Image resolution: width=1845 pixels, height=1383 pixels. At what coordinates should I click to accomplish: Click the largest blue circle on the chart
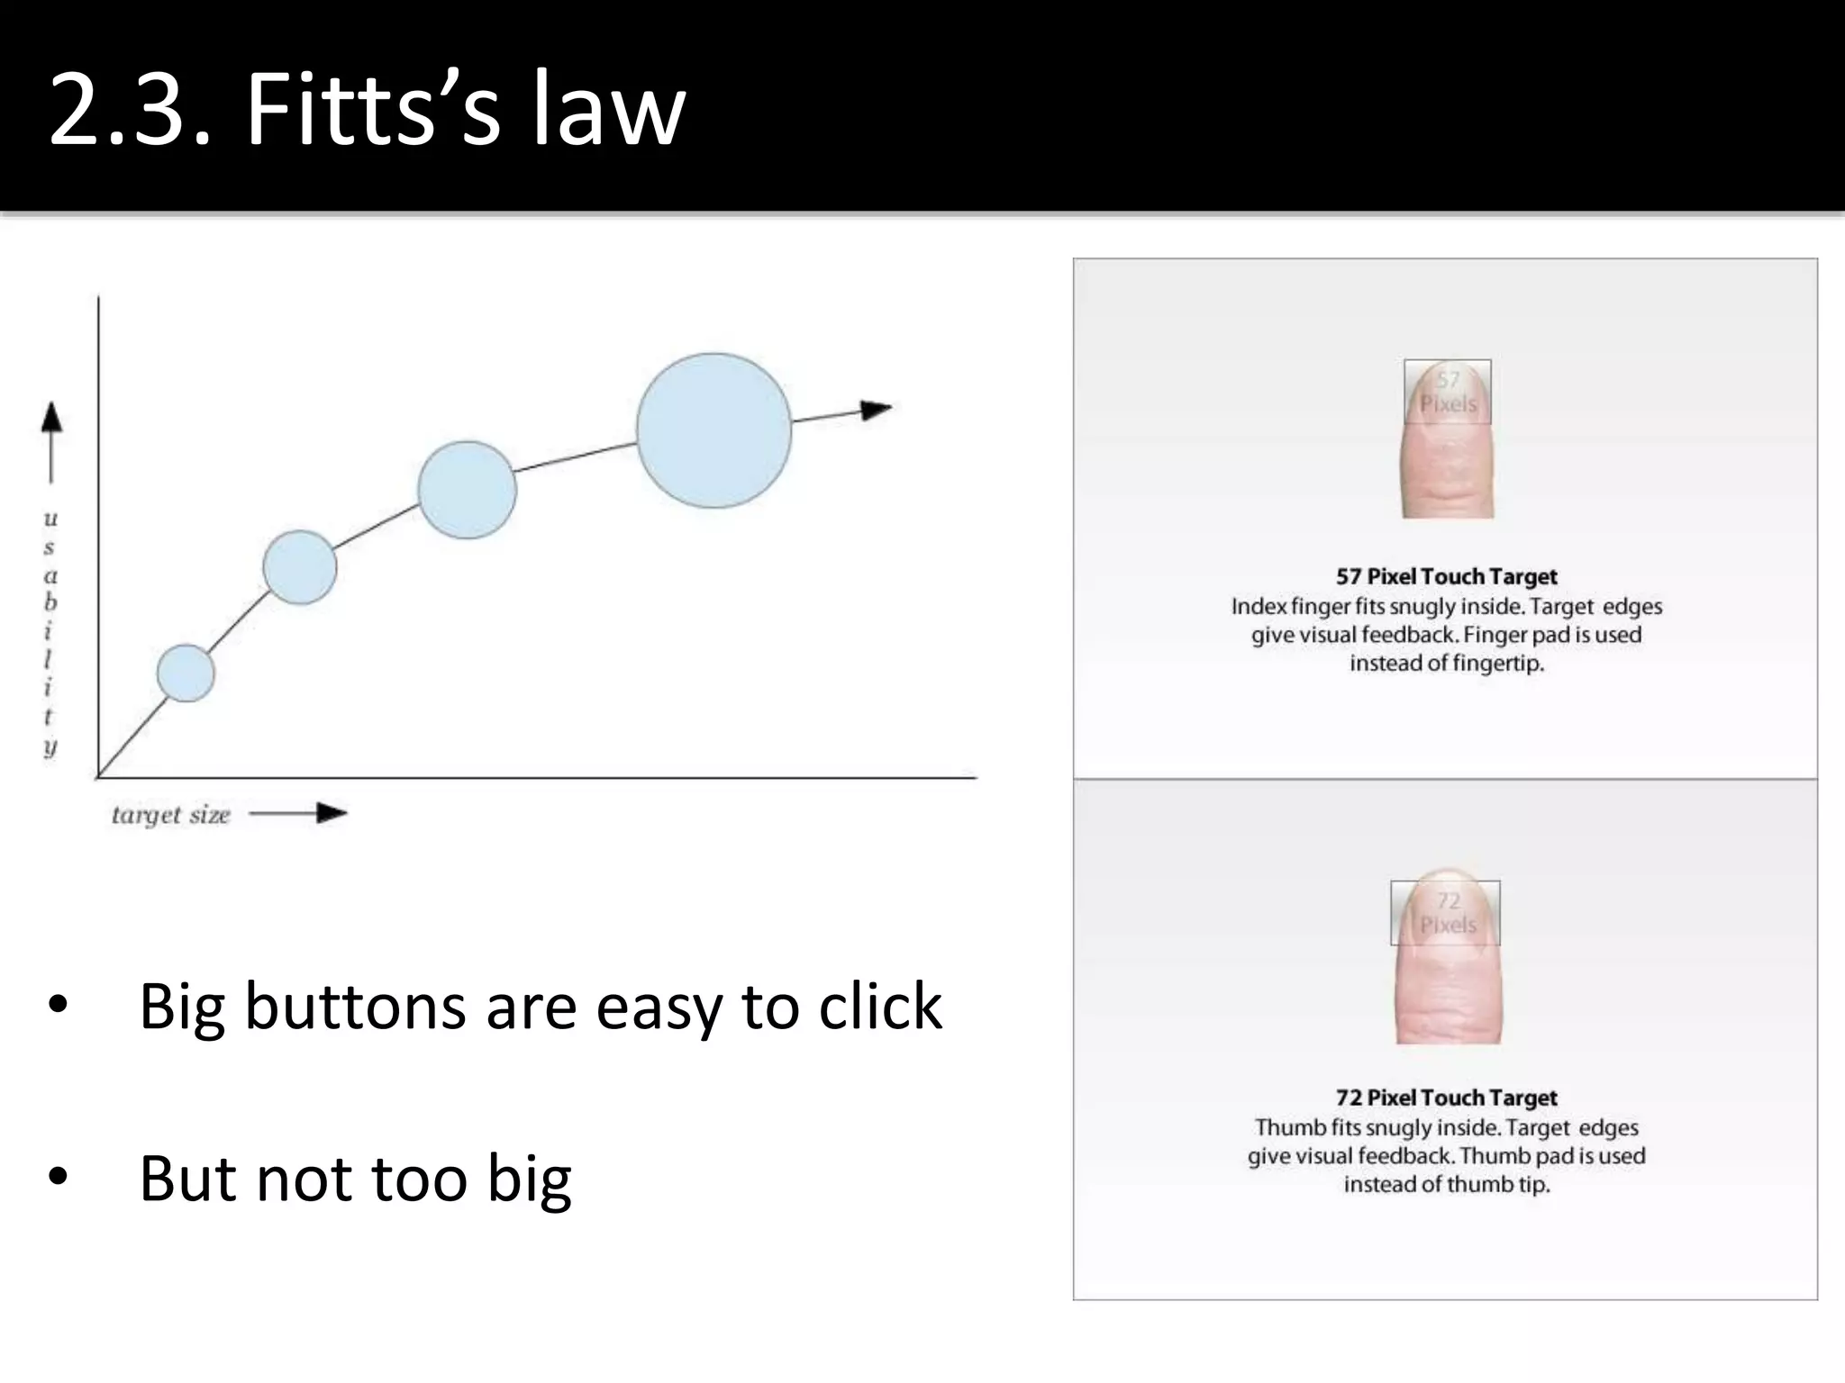click(x=713, y=430)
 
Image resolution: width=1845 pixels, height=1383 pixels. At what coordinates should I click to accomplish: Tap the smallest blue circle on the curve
click(x=186, y=673)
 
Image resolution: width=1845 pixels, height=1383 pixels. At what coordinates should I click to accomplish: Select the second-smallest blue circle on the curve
click(x=300, y=567)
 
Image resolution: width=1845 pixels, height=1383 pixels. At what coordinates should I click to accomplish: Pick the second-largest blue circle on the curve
click(x=467, y=490)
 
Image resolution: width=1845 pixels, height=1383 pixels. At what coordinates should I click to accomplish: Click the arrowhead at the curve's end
click(x=875, y=410)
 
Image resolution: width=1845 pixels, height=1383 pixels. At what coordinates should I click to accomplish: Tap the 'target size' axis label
click(x=171, y=815)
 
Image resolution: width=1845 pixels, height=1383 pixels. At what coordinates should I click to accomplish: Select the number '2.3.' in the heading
click(x=130, y=110)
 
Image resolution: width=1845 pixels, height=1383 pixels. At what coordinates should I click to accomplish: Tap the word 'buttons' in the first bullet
click(x=355, y=1006)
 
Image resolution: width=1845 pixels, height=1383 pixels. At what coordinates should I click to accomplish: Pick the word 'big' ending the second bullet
click(x=529, y=1179)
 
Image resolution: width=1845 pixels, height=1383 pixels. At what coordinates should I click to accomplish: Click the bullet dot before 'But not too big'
click(x=59, y=1177)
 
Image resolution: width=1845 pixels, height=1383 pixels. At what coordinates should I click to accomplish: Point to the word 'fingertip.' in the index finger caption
click(x=1497, y=664)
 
